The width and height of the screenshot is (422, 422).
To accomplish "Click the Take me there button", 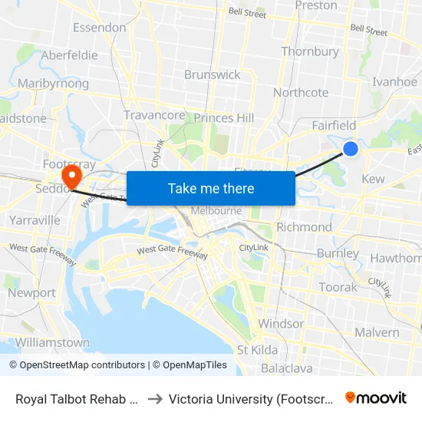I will tap(211, 188).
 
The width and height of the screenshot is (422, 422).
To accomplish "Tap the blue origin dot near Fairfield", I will tap(351, 148).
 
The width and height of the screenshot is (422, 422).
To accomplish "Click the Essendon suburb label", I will tap(99, 28).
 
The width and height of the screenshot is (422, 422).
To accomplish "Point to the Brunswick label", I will tap(213, 74).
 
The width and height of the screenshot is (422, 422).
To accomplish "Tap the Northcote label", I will tap(301, 92).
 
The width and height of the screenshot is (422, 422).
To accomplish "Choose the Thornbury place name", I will tap(310, 51).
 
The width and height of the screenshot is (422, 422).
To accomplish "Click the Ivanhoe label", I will tap(394, 82).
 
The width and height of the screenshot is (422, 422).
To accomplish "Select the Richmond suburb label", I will tap(304, 227).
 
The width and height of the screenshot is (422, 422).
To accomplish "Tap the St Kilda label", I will tap(258, 350).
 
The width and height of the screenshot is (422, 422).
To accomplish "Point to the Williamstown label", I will tap(52, 342).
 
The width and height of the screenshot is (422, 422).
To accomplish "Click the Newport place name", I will tap(31, 292).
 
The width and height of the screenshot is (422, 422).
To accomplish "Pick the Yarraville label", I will tap(35, 220).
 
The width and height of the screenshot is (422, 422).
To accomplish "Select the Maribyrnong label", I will tap(48, 83).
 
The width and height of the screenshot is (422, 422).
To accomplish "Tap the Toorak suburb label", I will tap(338, 287).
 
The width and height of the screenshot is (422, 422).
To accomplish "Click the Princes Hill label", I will tap(224, 118).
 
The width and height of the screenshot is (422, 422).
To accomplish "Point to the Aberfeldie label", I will tap(69, 55).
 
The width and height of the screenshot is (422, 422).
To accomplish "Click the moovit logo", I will tap(376, 397).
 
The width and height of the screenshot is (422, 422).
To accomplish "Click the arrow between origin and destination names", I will tap(154, 398).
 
